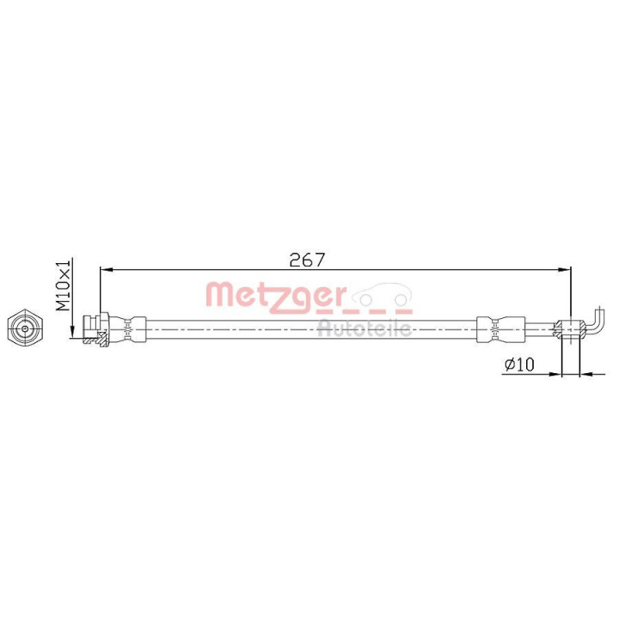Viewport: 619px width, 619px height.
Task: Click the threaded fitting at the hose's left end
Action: [93, 328]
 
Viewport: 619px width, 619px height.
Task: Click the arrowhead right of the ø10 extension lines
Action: [587, 374]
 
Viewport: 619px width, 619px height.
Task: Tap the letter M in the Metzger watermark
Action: [218, 296]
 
